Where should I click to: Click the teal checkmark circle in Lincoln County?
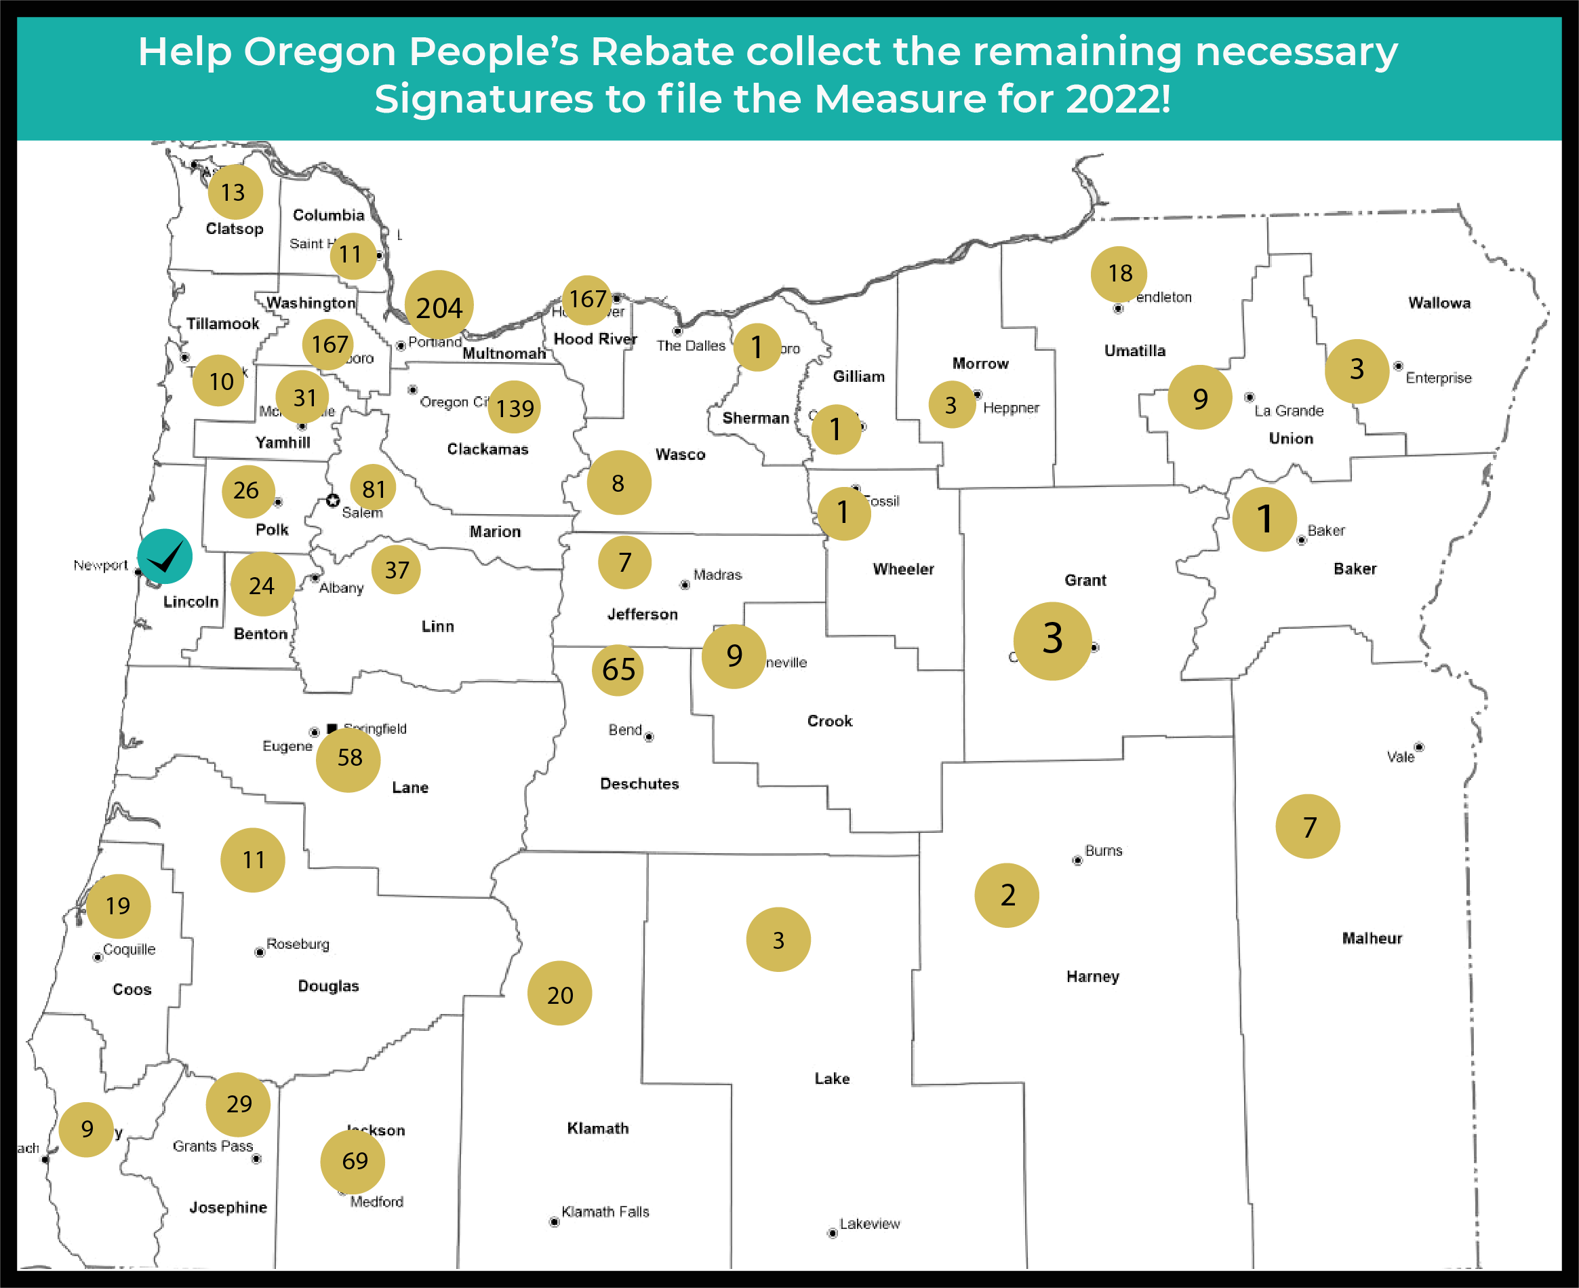[165, 556]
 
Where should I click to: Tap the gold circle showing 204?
[439, 305]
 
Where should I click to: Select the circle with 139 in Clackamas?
[514, 408]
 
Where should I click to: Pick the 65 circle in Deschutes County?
[618, 670]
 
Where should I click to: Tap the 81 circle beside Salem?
[373, 489]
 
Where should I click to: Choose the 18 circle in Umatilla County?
[1119, 274]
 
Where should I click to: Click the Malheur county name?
[1372, 939]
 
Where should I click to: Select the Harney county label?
[1092, 977]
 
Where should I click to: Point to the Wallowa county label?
[1439, 303]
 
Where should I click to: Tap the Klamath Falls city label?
[605, 1211]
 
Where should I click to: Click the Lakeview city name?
[869, 1224]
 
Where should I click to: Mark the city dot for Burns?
[1077, 861]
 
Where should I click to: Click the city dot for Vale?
[1419, 747]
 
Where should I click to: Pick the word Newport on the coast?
[101, 566]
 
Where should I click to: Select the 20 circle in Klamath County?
[560, 994]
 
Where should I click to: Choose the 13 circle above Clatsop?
[235, 192]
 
